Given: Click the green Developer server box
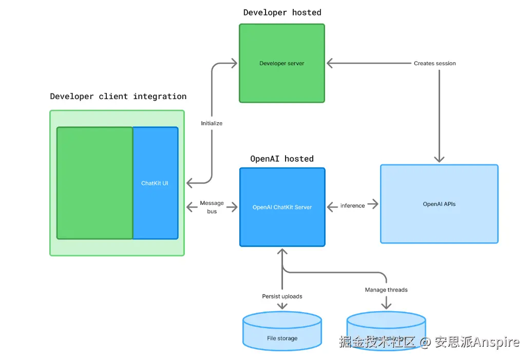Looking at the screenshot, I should tap(281, 63).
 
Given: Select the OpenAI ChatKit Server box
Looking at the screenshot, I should tap(282, 207).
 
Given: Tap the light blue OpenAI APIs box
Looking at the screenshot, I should tap(439, 204).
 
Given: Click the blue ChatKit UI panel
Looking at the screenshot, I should tap(155, 183).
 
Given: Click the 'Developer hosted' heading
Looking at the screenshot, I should tap(282, 12).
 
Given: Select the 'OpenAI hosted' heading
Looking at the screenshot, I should tap(281, 159).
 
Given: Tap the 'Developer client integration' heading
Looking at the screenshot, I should tap(118, 97).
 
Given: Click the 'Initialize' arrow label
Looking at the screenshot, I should tap(212, 123).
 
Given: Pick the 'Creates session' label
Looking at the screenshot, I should tap(434, 63).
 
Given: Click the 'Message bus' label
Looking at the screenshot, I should tap(212, 207).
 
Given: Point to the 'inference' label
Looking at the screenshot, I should tap(352, 205).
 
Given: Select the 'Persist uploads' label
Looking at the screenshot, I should tap(282, 296).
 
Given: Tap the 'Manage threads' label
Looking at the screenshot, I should tap(386, 290).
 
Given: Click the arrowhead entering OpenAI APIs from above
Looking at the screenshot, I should tap(439, 159).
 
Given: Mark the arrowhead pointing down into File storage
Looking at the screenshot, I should tap(282, 306).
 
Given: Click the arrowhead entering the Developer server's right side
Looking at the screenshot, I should tap(330, 63).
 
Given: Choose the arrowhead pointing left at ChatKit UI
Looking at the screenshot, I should tap(190, 183).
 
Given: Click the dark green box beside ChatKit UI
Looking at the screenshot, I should tap(94, 183).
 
